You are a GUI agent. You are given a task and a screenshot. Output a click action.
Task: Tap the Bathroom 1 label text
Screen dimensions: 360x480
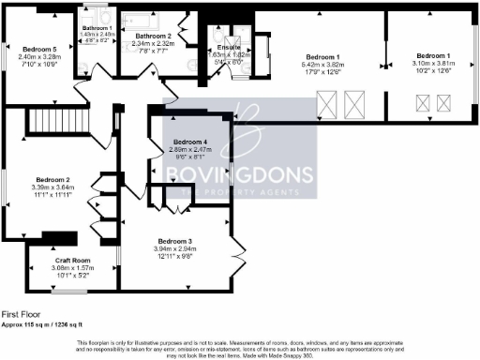click(97, 28)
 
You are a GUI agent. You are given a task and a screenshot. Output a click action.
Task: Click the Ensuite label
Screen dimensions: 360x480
click(229, 47)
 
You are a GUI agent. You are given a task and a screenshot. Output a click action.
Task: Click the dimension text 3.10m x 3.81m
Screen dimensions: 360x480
click(432, 63)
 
